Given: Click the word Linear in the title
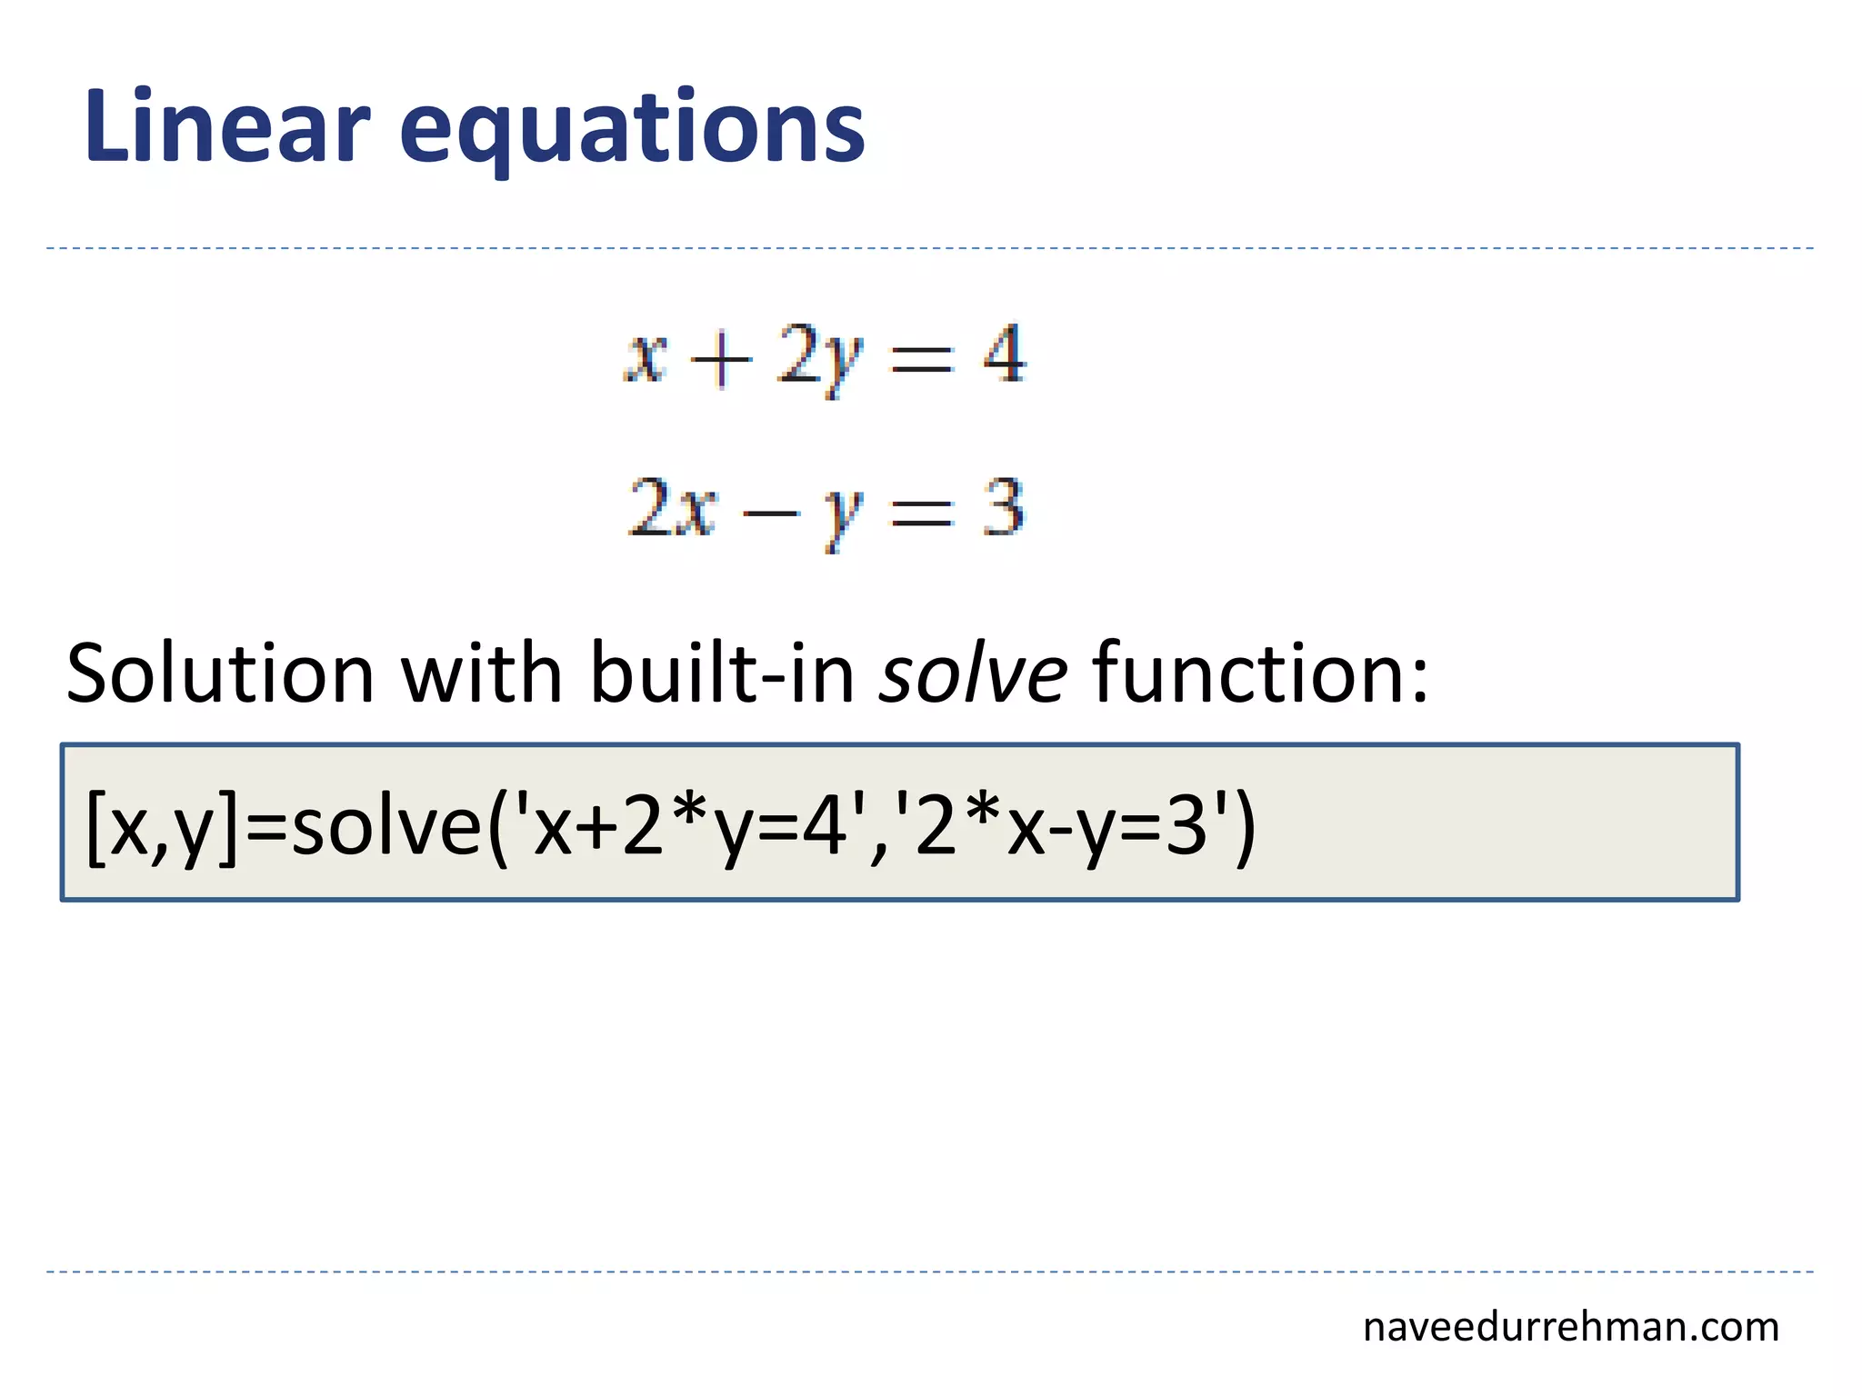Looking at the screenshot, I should click(x=227, y=127).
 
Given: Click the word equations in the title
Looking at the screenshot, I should click(x=632, y=132).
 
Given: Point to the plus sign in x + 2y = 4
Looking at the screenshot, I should click(x=721, y=359).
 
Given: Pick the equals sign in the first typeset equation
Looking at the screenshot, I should click(x=922, y=359).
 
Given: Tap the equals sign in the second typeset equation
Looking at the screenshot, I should click(x=922, y=512).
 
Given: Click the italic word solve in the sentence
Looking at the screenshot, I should click(x=973, y=674).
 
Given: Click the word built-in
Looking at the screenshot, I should click(x=723, y=674).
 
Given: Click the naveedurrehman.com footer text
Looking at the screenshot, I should click(x=1570, y=1328).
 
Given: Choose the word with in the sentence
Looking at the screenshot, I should click(x=482, y=674).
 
